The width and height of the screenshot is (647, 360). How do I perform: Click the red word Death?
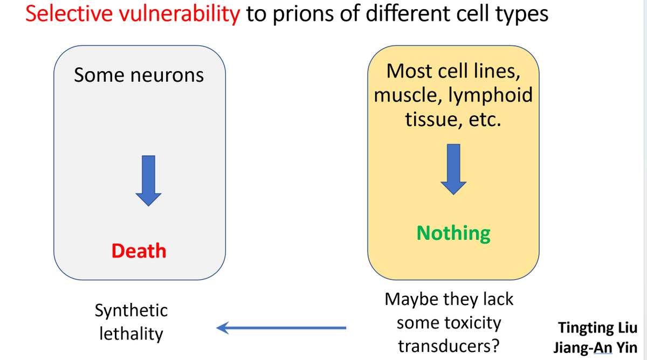point(139,251)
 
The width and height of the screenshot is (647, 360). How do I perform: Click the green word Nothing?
point(453,233)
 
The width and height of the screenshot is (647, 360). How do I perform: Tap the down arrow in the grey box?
point(148,180)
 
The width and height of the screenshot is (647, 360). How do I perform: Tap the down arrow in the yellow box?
point(453,169)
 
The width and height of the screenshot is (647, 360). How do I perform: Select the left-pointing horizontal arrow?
point(280,327)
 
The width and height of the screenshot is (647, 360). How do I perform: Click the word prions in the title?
point(302,14)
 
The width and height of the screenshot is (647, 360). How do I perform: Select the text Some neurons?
point(139,75)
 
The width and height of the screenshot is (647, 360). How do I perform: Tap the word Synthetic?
point(131,310)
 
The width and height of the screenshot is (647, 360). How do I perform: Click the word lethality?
point(131,334)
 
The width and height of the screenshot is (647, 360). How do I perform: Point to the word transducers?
point(449,345)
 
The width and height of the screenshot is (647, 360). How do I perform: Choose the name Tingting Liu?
point(597,327)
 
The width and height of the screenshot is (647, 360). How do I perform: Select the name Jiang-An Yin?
point(595,347)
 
